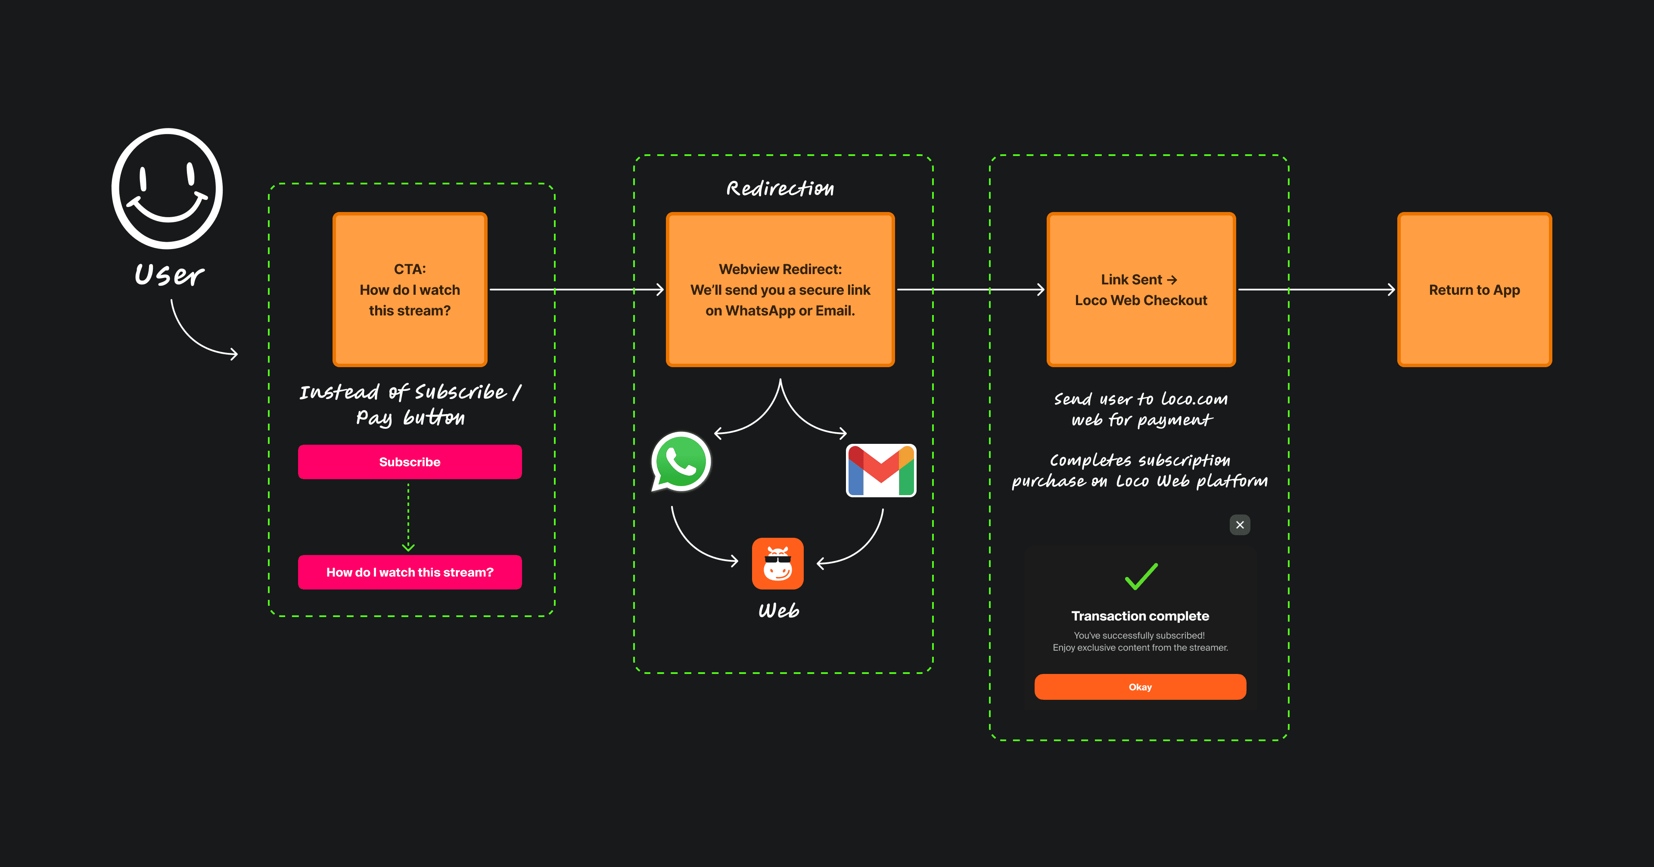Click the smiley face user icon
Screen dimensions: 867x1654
[167, 188]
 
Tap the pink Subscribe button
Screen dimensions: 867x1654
[410, 462]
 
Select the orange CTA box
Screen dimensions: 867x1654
[410, 290]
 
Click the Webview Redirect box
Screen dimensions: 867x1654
[780, 290]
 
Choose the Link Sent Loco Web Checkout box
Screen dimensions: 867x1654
[1141, 290]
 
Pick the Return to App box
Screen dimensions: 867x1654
[1474, 290]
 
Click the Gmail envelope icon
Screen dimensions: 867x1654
[881, 471]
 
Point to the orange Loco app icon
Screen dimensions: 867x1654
[777, 563]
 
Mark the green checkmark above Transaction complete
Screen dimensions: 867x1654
[1141, 576]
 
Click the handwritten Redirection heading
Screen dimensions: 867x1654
[780, 188]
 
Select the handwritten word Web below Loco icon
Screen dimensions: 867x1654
[779, 610]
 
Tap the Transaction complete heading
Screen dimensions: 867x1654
[1140, 616]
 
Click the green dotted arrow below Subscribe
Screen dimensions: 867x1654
[408, 517]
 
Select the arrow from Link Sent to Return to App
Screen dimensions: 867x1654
[1316, 290]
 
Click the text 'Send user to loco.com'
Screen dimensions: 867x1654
[1140, 399]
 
